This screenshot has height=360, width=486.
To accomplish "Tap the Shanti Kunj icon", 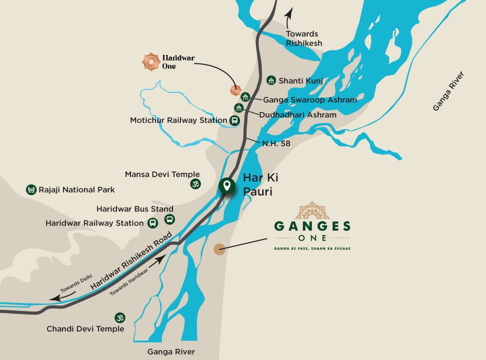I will pos(271,80).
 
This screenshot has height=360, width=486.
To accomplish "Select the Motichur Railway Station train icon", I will pos(234,120).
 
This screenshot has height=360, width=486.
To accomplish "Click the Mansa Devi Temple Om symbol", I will pos(195,184).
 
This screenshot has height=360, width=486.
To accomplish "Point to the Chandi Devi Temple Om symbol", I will pos(119,318).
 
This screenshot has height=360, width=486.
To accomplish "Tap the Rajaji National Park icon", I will pos(31,189).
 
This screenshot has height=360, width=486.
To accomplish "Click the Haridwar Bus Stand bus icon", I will pos(170,219).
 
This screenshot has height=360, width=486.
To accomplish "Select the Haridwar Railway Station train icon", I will pos(153,223).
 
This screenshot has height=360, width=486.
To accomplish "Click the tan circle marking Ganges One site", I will pos(219,249).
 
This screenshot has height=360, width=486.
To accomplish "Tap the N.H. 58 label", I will pos(276,143).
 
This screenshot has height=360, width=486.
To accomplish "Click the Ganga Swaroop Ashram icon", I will pos(245,97).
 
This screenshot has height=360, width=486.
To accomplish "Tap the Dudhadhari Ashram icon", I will pos(239,107).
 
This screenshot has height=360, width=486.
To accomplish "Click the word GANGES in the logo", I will pos(312,226).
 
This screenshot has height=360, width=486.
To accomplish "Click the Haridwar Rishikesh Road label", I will pos(132,261).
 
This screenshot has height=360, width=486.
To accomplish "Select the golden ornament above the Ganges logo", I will pos(312,210).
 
